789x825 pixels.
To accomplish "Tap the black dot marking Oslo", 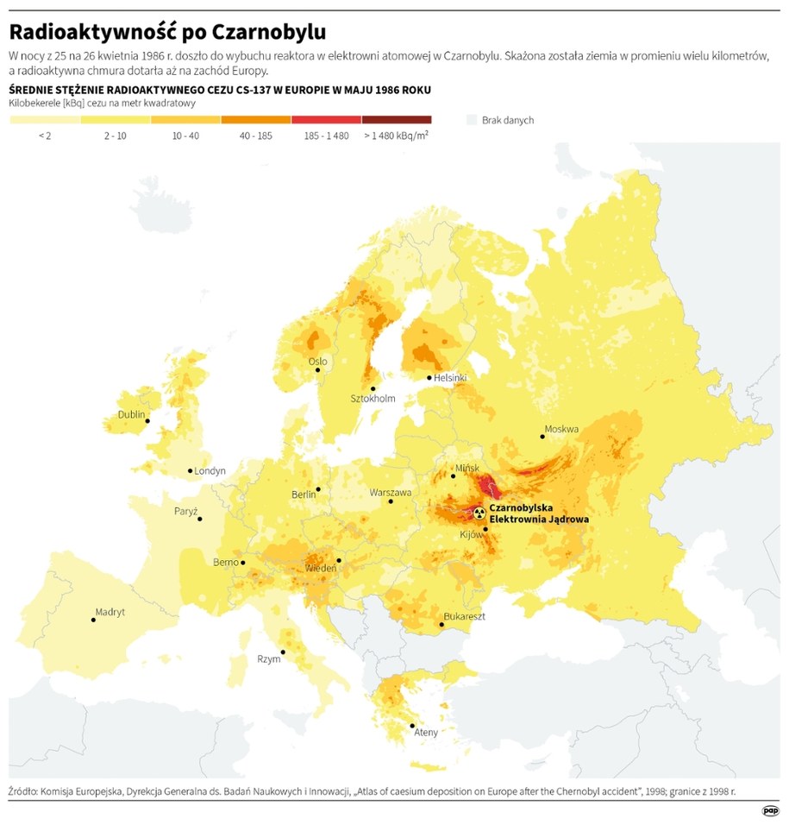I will [x=318, y=370].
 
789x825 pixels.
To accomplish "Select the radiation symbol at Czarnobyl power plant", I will [x=479, y=513].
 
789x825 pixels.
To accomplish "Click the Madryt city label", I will [x=110, y=612].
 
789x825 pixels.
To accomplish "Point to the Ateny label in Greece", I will [x=426, y=733].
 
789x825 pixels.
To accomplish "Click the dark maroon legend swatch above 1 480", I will [x=396, y=120].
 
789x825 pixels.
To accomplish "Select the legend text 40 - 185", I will [x=255, y=135].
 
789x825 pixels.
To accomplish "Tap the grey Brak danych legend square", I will [x=471, y=120].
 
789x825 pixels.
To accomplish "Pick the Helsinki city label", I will [x=450, y=378].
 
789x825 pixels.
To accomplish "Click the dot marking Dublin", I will [x=148, y=421].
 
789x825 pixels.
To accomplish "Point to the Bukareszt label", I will [x=464, y=617].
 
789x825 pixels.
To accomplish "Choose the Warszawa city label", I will [x=391, y=493].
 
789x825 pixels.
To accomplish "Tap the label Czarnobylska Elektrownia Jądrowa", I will [x=539, y=514].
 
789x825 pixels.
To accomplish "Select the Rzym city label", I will [x=269, y=659].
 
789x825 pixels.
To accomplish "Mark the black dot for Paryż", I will [x=199, y=518].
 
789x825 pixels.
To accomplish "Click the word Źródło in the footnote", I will [x=28, y=790].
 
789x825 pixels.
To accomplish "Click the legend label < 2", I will [x=45, y=135].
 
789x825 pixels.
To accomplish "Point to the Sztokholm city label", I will [x=373, y=399].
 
